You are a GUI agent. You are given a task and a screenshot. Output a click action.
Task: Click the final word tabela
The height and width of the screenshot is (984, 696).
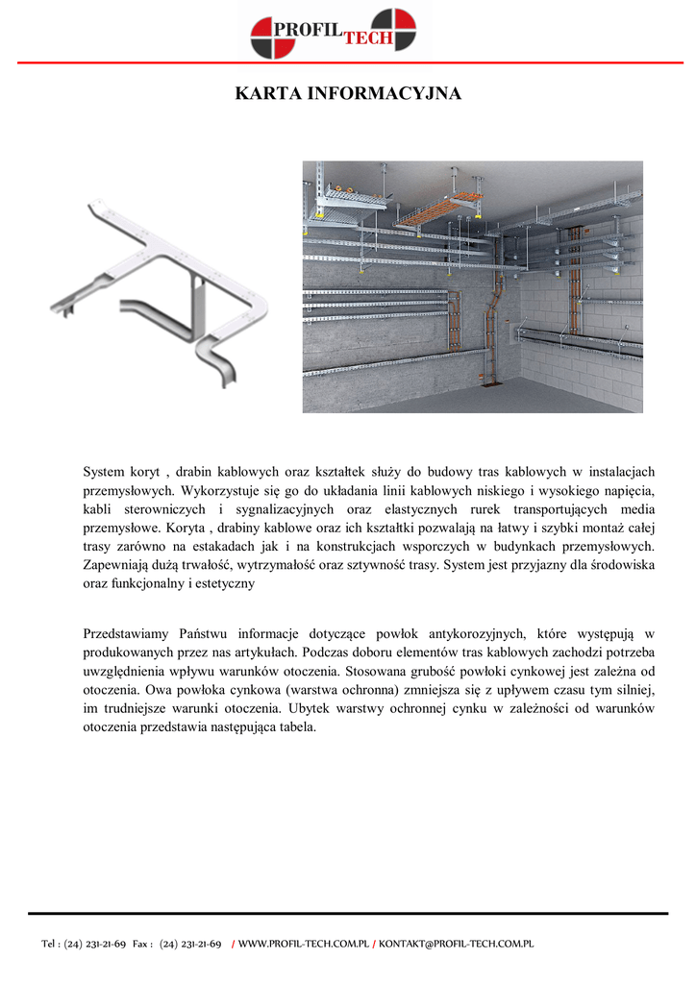[296, 726]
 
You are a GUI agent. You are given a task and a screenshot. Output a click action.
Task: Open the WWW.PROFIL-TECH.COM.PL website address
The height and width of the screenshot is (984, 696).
[304, 945]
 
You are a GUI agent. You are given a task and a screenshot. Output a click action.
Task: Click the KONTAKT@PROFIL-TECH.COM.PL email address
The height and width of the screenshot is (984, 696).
[456, 945]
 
